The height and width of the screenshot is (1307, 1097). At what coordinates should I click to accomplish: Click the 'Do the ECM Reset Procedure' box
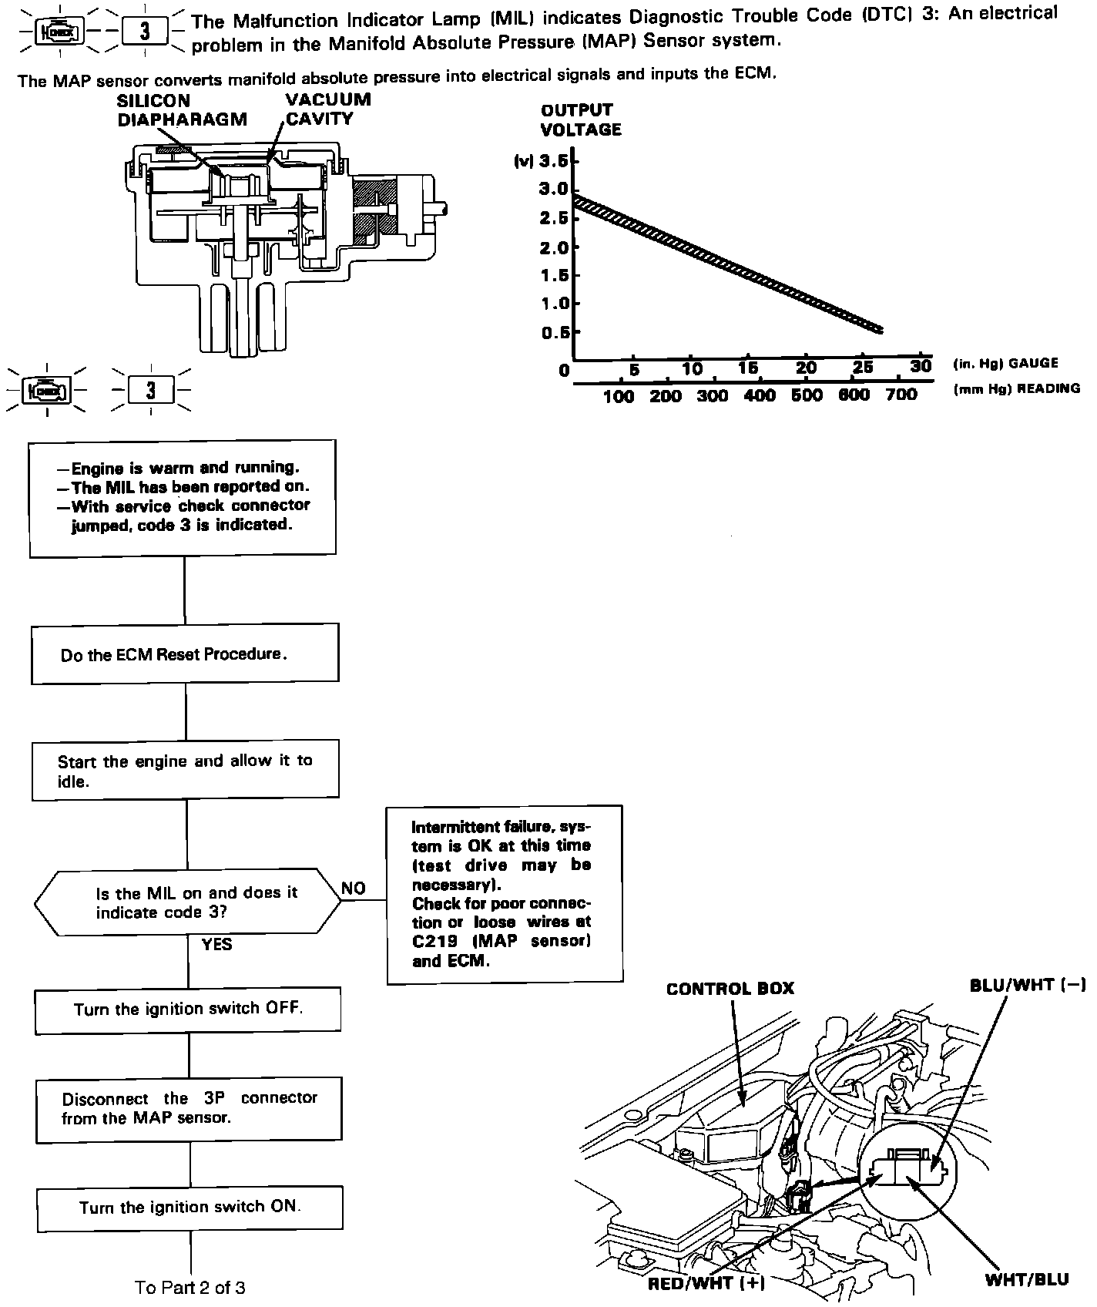coord(185,653)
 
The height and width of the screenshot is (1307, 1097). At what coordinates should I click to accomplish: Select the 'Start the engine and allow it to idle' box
coord(185,770)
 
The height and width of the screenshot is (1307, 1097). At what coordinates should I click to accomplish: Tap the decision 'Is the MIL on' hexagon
coord(188,902)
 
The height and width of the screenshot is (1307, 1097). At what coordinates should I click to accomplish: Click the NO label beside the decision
coord(353,888)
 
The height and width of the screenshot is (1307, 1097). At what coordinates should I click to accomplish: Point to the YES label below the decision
coord(216,944)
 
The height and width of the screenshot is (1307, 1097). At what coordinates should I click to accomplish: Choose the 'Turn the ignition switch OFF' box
coord(188,1010)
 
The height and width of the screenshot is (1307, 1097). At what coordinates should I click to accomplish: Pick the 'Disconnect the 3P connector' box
coord(189,1108)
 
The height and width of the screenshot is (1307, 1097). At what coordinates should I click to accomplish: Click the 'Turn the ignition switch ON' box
coord(190,1207)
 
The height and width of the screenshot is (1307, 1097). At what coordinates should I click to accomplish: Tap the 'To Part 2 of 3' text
coord(190,1287)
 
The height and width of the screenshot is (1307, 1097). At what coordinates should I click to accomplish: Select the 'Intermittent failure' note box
coord(505,894)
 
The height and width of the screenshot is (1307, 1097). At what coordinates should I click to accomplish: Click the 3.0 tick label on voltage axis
coord(554,189)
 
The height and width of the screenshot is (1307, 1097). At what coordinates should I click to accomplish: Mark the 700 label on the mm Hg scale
coord(901,395)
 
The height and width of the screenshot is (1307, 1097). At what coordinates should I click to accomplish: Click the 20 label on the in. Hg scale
coord(806,368)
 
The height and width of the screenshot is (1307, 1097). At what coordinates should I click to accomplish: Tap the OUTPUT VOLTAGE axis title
coord(580,119)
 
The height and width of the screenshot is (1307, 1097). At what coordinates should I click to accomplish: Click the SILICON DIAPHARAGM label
coord(182,109)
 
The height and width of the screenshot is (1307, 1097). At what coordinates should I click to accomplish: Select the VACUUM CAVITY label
coord(327,109)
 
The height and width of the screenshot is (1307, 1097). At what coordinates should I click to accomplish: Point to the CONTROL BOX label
coord(730,988)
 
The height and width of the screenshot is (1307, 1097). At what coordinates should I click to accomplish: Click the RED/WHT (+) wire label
coord(706,1283)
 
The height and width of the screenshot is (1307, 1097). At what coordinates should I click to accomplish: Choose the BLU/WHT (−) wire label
coord(1028,985)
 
